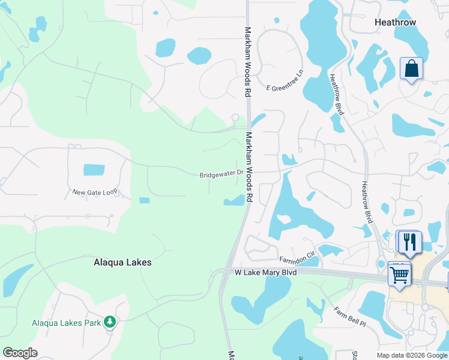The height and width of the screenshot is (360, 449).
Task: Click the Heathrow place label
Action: pyautogui.click(x=395, y=22)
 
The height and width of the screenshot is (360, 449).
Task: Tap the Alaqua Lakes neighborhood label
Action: pyautogui.click(x=122, y=262)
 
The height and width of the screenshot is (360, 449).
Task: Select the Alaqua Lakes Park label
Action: pyautogui.click(x=66, y=323)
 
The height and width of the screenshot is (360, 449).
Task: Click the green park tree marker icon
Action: pyautogui.click(x=109, y=322)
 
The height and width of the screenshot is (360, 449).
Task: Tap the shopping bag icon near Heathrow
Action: pyautogui.click(x=411, y=69)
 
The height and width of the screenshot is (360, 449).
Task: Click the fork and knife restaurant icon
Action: pyautogui.click(x=410, y=242)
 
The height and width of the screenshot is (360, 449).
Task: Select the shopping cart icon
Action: pyautogui.click(x=399, y=275)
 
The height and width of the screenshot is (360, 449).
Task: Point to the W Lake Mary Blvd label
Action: pyautogui.click(x=265, y=272)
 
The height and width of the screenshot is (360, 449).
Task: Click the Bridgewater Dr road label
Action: pyautogui.click(x=221, y=175)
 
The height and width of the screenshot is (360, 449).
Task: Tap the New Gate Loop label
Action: pyautogui.click(x=94, y=193)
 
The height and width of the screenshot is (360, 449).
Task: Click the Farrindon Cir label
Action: pyautogui.click(x=297, y=259)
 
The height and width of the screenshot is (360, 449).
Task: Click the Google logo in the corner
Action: pyautogui.click(x=20, y=353)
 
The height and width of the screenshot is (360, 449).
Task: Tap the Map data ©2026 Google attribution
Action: pyautogui.click(x=412, y=355)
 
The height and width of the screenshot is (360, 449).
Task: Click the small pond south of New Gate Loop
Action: pyautogui.click(x=144, y=200)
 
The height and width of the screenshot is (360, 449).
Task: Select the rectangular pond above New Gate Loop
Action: pyautogui.click(x=94, y=169)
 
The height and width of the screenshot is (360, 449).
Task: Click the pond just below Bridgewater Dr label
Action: pyautogui.click(x=234, y=201)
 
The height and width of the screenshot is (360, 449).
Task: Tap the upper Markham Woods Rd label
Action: pyautogui.click(x=247, y=62)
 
